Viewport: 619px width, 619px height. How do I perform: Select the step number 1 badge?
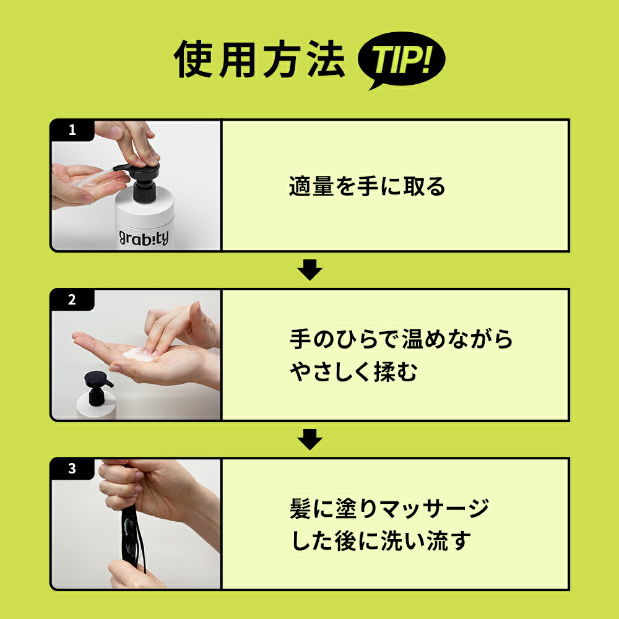coord(72,131)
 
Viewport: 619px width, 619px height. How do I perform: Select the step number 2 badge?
coord(72,300)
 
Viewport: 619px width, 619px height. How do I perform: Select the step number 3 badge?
coord(72,469)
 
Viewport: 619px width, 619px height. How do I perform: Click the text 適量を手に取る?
coord(367,186)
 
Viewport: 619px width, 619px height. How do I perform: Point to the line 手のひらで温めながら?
coord(402,339)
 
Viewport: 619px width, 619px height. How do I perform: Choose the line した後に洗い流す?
coord(381,542)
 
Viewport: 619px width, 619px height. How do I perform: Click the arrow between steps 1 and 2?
coord(310,271)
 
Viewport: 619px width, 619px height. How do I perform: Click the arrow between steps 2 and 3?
coord(310,440)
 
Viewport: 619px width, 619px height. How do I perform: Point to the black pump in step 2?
coord(98,386)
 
